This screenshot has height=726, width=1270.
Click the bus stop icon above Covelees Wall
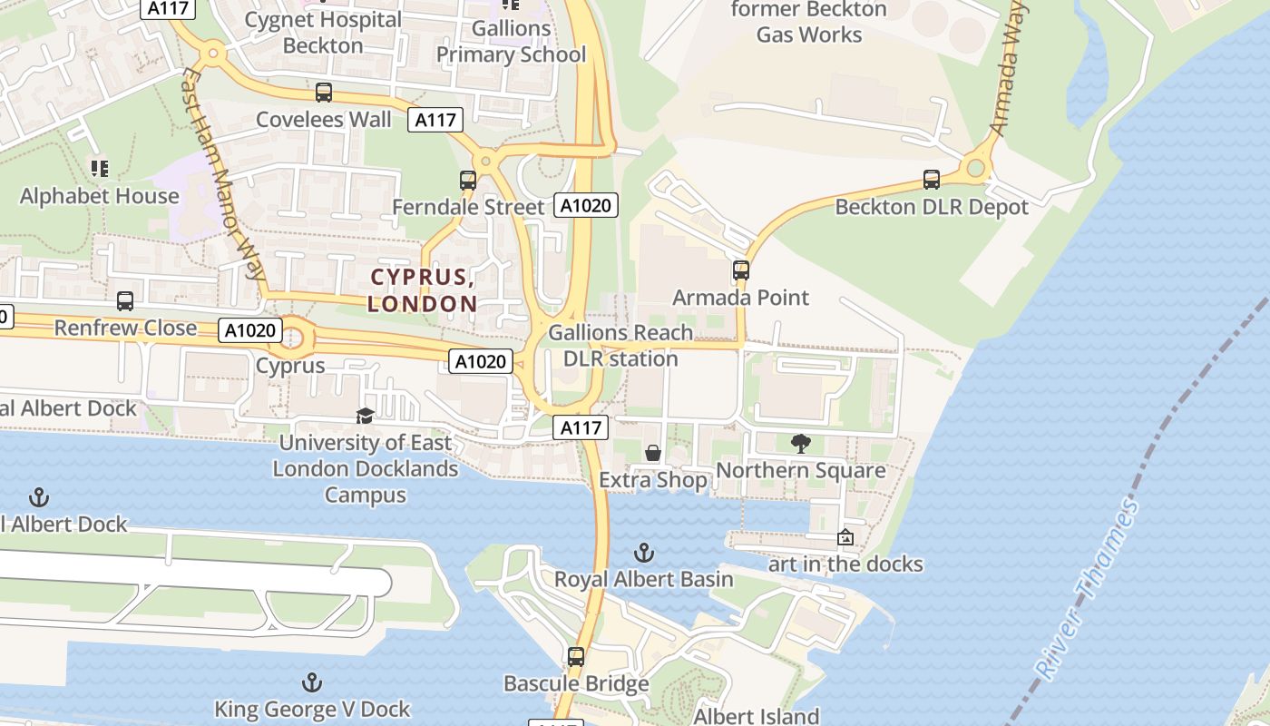[x=324, y=92]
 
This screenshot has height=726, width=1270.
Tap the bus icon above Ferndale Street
[x=468, y=180]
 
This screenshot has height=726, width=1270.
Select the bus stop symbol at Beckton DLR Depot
[x=932, y=180]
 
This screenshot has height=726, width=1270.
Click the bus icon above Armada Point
[x=741, y=270]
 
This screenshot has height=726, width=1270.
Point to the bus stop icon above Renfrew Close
[x=125, y=300]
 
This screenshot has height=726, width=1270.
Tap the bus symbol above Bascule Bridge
[x=576, y=656]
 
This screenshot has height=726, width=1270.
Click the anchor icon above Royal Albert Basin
[x=643, y=552]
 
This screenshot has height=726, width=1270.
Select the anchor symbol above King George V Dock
[x=312, y=682]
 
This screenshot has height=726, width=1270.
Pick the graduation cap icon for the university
[x=365, y=416]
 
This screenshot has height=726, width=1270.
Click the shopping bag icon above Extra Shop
[x=652, y=453]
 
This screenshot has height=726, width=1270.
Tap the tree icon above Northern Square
[x=800, y=443]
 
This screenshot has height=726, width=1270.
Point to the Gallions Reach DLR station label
[x=620, y=346]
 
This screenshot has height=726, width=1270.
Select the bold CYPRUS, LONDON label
[x=423, y=290]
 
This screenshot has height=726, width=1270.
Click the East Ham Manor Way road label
[x=223, y=172]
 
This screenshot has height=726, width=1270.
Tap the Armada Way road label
[x=1008, y=68]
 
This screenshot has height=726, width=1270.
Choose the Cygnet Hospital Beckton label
[x=323, y=32]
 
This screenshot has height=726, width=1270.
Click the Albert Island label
[x=757, y=716]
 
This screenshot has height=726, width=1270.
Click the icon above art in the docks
[x=845, y=537]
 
